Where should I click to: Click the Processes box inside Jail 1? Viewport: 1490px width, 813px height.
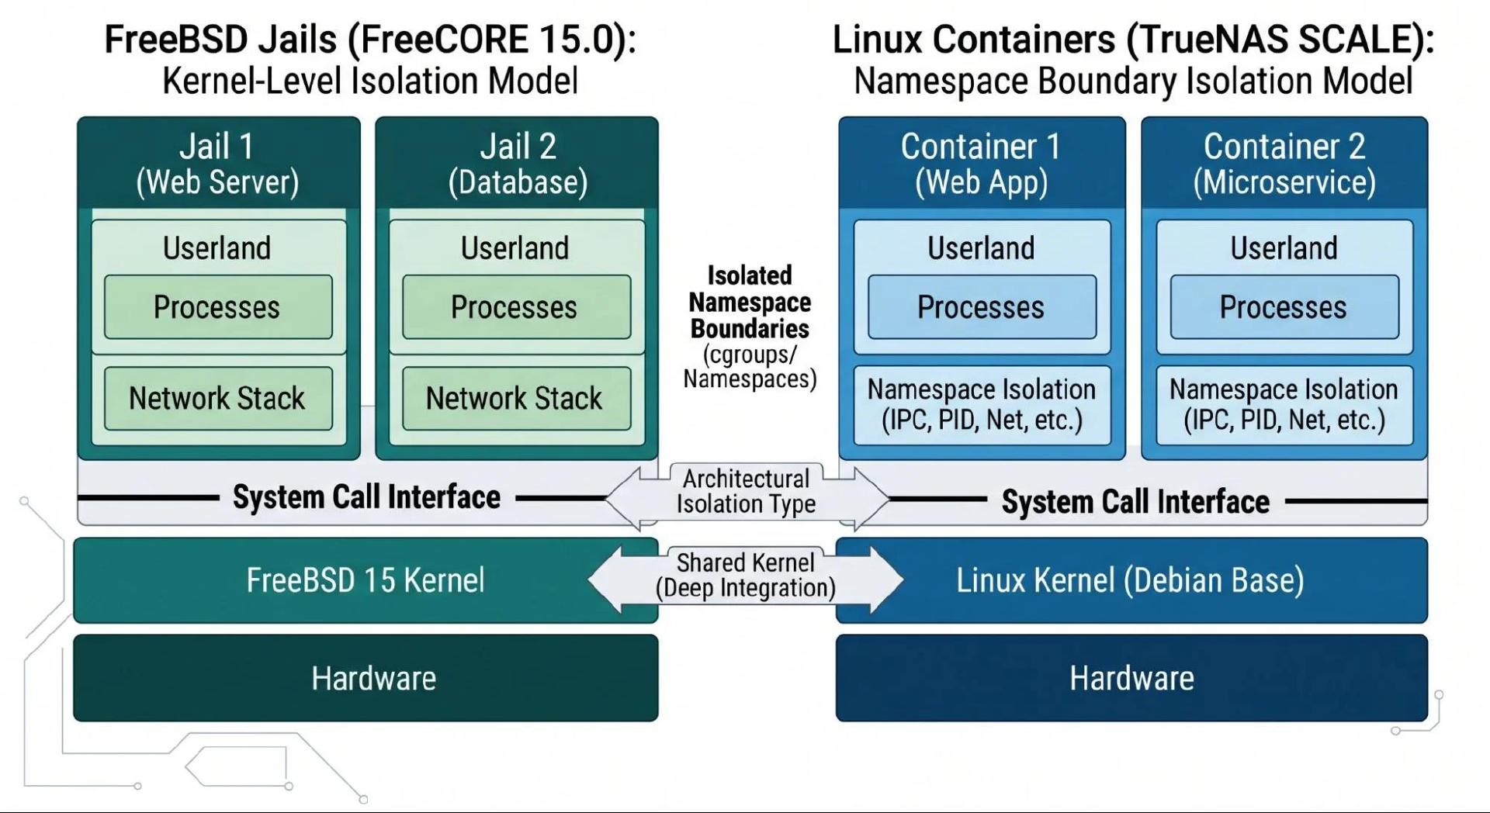coord(218,307)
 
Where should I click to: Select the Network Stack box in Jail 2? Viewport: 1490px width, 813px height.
coord(516,398)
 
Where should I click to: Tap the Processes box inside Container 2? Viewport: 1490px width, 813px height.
coord(1284,307)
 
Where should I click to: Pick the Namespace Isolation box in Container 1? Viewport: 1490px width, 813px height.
coord(982,405)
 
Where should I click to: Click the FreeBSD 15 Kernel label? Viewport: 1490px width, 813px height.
coord(366,580)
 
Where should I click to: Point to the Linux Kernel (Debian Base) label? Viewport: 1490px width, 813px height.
coord(1130,580)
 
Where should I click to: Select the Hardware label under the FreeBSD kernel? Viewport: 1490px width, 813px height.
coord(374,679)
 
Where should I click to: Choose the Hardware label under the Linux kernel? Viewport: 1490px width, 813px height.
coord(1131,679)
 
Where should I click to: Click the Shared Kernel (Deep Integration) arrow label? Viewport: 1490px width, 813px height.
coord(746,575)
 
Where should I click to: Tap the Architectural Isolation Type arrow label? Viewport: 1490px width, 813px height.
coord(746,491)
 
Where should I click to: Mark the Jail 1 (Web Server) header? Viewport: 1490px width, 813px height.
coord(218,164)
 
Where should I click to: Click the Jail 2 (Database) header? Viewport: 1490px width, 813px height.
coord(518,164)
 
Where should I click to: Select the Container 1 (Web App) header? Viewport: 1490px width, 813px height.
coord(981,164)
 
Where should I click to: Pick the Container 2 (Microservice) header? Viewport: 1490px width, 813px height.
coord(1284,164)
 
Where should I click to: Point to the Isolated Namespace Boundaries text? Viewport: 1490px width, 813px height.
coord(750,302)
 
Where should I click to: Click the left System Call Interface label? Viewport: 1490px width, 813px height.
coord(366,497)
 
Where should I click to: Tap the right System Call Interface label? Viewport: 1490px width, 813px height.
coord(1135,502)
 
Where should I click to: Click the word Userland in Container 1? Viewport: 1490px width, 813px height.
coord(981,248)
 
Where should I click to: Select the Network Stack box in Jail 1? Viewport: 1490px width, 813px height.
coord(218,398)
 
